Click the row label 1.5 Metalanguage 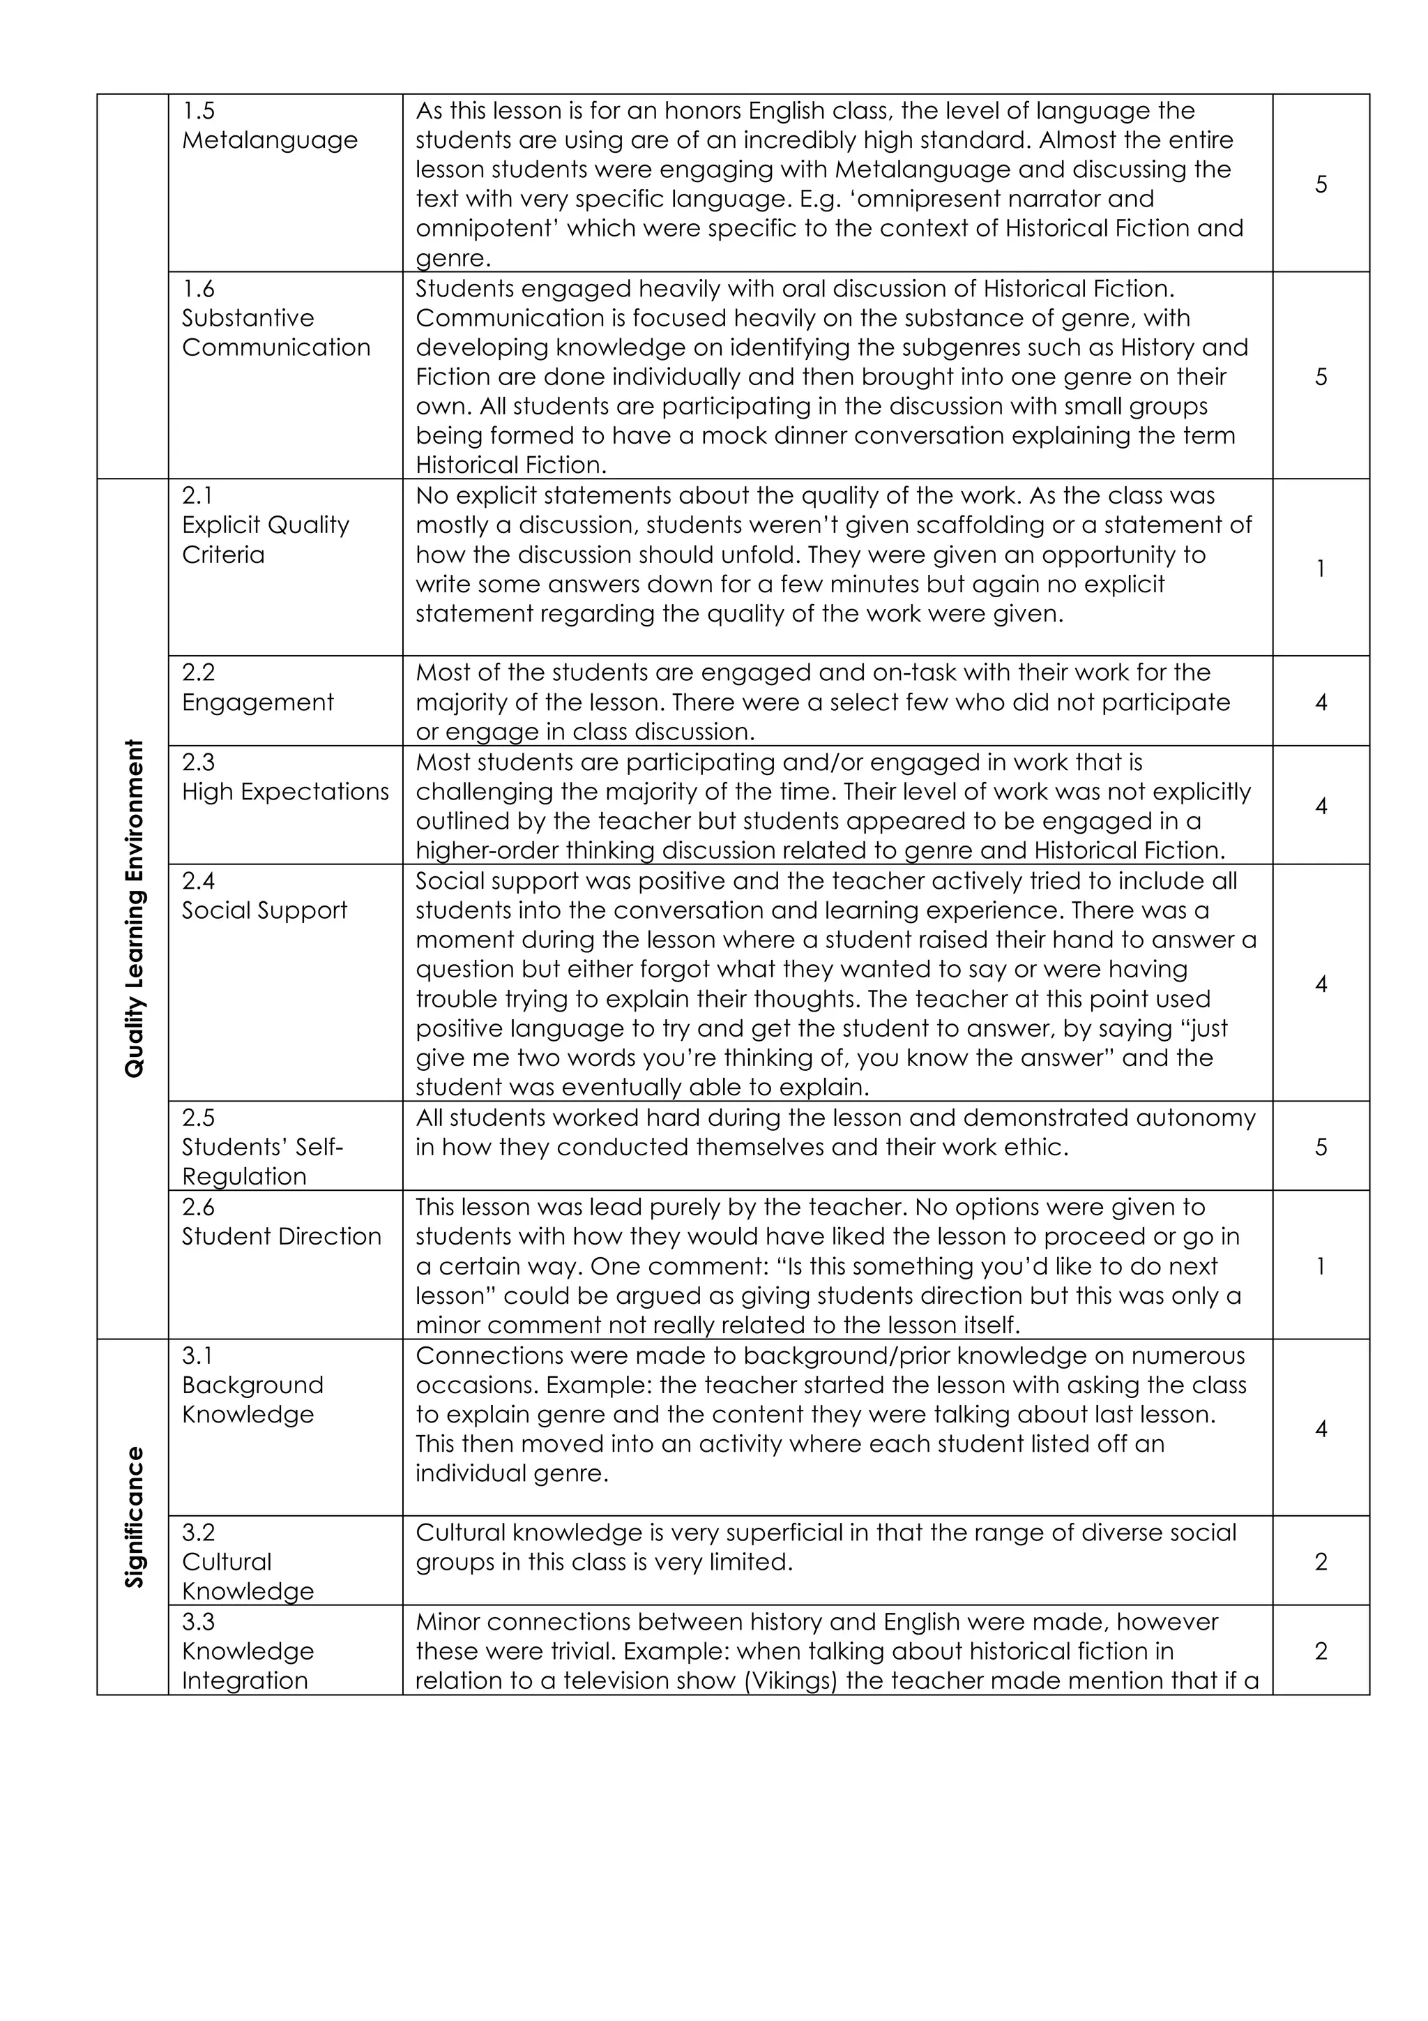pyautogui.click(x=269, y=126)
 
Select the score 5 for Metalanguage pyautogui.click(x=1321, y=184)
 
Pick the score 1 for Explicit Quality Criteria pyautogui.click(x=1321, y=569)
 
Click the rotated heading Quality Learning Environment pyautogui.click(x=134, y=908)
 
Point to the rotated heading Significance pyautogui.click(x=134, y=1516)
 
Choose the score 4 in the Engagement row pyautogui.click(x=1321, y=703)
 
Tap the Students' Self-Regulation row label pyautogui.click(x=261, y=1147)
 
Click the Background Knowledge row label pyautogui.click(x=252, y=1399)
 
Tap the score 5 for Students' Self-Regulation pyautogui.click(x=1321, y=1147)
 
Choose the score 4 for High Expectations pyautogui.click(x=1321, y=806)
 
